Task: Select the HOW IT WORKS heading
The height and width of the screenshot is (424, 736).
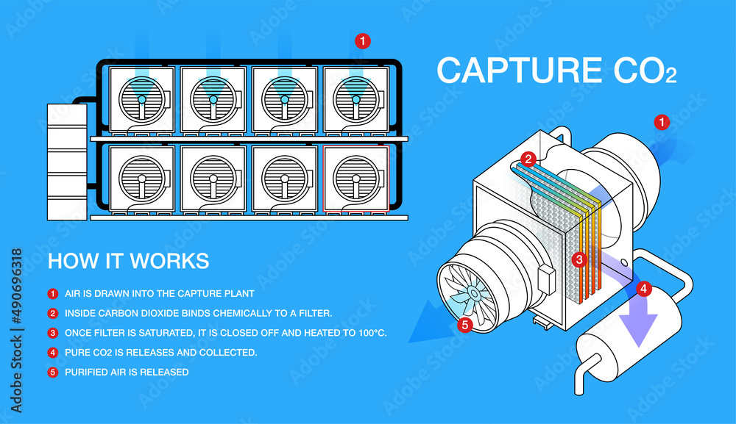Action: (x=128, y=261)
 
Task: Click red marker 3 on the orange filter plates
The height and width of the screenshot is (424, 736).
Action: (x=579, y=259)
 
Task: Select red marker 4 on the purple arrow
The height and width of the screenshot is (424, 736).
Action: (x=643, y=289)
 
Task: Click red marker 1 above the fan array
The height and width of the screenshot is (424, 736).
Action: (x=362, y=41)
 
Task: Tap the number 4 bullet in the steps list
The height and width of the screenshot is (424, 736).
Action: (x=52, y=353)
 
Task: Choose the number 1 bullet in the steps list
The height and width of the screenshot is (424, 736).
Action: (x=52, y=294)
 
